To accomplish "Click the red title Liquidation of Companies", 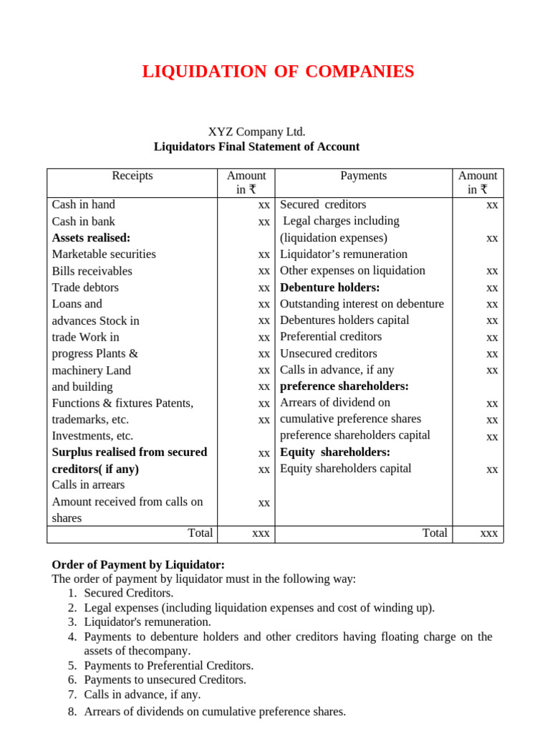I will point(278,72).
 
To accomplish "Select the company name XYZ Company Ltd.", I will point(256,132).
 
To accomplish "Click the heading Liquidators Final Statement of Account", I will point(256,147).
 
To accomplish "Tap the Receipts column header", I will point(132,176).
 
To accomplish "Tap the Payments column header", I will point(363,176).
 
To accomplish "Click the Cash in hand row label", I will point(83,205).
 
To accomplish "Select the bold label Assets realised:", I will point(91,238).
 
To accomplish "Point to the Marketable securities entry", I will point(104,254).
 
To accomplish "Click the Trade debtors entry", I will point(85,287).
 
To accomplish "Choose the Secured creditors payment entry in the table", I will point(323,205).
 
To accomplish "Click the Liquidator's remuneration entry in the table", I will point(344,254).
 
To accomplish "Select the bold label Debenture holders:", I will point(329,287).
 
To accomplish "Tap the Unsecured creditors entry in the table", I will point(328,353).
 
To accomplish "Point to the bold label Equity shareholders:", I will point(334,452).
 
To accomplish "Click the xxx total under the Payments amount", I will point(488,534).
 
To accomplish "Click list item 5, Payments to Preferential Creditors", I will point(168,665).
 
